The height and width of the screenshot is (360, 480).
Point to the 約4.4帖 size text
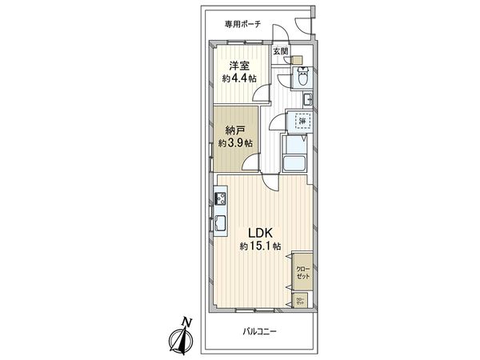coord(238,78)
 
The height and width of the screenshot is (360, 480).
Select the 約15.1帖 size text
coord(260,247)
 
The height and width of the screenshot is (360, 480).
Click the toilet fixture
coord(302,77)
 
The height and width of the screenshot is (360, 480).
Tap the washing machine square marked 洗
coord(303,121)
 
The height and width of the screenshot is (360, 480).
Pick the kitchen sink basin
coord(219,225)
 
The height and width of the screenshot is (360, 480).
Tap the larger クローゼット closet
coord(302,270)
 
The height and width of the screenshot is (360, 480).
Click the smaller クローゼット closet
coord(301,302)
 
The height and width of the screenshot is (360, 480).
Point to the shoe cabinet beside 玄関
coord(296,59)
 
